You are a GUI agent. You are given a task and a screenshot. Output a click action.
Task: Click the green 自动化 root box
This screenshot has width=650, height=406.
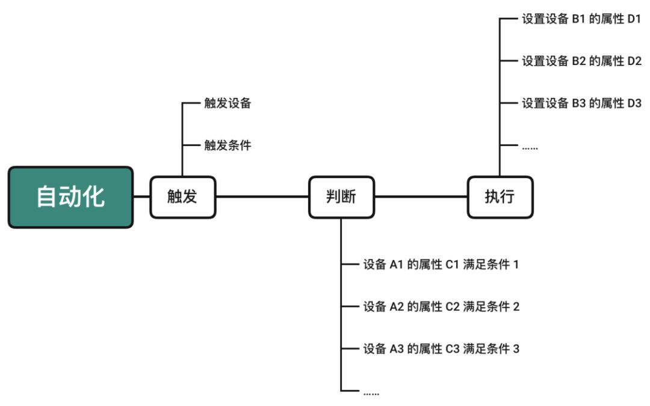70,197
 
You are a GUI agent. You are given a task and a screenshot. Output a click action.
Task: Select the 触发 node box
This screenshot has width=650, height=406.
182,197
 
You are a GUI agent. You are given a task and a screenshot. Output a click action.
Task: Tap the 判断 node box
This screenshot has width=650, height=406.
341,197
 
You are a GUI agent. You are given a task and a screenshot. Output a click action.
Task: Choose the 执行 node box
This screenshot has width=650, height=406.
500,197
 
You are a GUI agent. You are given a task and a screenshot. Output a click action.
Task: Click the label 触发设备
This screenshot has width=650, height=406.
227,103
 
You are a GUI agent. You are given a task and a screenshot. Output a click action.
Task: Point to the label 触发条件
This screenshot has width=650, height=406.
227,145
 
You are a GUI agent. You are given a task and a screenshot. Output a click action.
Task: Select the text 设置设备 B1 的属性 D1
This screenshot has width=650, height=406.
581,19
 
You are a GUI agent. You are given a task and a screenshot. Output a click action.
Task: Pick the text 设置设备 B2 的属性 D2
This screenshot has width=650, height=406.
581,61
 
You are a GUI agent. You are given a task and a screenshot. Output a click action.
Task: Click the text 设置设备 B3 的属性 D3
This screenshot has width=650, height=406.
581,103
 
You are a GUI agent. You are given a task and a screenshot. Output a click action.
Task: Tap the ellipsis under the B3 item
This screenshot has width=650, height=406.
530,146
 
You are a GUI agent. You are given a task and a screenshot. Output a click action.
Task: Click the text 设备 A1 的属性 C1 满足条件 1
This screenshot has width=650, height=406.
441,265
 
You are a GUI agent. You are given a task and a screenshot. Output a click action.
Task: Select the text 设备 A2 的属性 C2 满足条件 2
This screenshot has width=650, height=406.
441,307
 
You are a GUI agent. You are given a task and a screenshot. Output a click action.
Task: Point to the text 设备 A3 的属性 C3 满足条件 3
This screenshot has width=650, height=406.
441,349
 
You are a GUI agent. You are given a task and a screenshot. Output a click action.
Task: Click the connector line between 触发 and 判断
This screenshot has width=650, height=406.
262,197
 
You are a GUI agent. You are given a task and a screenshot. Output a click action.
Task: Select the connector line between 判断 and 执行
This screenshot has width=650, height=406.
421,197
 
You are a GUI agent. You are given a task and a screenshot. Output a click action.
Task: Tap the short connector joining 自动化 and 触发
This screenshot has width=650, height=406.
141,197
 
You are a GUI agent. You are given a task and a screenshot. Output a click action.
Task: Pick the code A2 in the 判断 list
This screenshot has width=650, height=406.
396,307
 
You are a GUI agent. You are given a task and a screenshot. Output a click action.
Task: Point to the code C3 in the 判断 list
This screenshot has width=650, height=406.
453,349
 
